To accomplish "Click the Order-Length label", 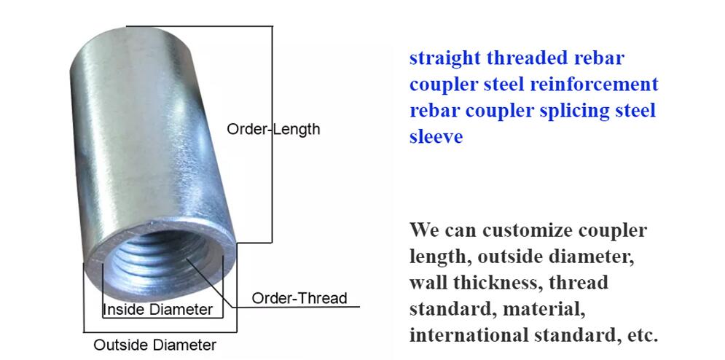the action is [x=273, y=129].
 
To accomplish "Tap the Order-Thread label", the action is [x=299, y=299].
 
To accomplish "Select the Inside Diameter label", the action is [x=158, y=310].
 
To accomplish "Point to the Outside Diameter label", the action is [x=155, y=345].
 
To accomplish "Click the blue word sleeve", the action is [x=436, y=137].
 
